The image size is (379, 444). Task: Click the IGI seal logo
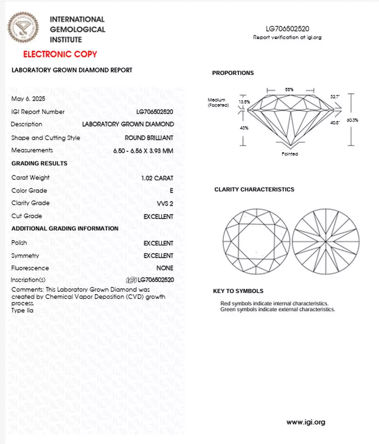click(x=24, y=28)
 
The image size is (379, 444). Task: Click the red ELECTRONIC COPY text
click(x=60, y=54)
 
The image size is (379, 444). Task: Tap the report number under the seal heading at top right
click(x=287, y=29)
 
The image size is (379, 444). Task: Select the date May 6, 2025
click(x=28, y=99)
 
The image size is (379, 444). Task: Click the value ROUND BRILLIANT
click(x=149, y=138)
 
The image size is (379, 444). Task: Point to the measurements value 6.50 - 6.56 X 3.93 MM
click(x=143, y=151)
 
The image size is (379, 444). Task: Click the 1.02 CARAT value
click(x=157, y=178)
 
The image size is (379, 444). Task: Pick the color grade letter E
click(x=171, y=191)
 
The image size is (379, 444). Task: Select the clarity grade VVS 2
click(x=165, y=204)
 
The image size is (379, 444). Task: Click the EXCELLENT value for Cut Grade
click(x=158, y=216)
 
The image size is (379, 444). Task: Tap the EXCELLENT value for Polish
click(x=158, y=243)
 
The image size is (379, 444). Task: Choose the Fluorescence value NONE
click(x=165, y=268)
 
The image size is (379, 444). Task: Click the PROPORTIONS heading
click(x=233, y=73)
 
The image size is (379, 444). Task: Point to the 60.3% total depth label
click(x=352, y=120)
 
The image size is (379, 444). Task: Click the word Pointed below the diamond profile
click(x=290, y=154)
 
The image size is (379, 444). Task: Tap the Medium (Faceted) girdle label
click(x=218, y=103)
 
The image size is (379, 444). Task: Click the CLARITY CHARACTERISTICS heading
click(x=254, y=189)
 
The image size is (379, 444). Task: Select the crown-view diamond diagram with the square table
click(x=256, y=241)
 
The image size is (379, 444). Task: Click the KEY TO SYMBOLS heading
click(x=238, y=291)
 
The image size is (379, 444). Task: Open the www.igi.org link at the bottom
click(x=306, y=422)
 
